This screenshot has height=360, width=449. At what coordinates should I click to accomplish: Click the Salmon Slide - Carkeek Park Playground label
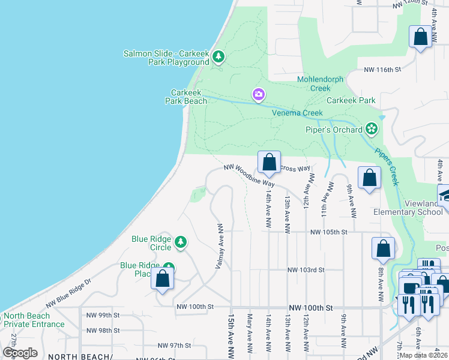tap(166, 58)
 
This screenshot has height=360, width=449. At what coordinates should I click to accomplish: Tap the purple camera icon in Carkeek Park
tap(258, 95)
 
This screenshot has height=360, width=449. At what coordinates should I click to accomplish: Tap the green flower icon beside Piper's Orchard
tap(372, 129)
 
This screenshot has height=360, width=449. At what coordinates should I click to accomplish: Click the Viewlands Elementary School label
tap(408, 208)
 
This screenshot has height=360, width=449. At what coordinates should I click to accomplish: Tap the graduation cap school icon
tap(445, 195)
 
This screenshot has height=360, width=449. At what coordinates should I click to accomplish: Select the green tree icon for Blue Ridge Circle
tap(180, 243)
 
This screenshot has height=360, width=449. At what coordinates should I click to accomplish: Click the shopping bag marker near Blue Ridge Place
tap(162, 278)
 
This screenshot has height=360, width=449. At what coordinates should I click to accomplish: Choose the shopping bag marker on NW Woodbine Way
tap(269, 162)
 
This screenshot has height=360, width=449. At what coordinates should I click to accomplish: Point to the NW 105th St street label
tap(329, 232)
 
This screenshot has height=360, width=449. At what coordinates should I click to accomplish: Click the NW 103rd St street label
tap(306, 271)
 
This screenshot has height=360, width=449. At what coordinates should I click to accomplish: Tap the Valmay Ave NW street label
tap(220, 246)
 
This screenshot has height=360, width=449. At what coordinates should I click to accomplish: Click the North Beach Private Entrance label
tap(34, 320)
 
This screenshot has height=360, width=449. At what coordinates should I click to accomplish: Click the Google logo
tap(20, 352)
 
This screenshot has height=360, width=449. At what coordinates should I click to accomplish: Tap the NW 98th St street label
tap(103, 331)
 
